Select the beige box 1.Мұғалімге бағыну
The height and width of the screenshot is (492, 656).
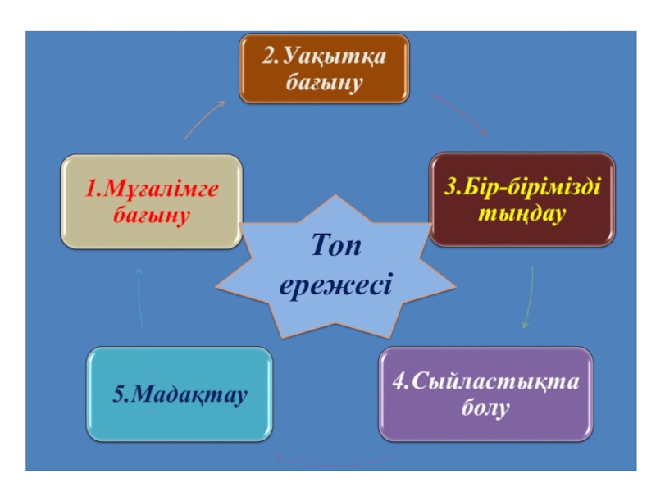pyautogui.click(x=152, y=201)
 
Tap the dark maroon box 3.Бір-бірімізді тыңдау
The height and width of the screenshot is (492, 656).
pyautogui.click(x=522, y=199)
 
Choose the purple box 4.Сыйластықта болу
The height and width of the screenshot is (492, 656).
pyautogui.click(x=485, y=394)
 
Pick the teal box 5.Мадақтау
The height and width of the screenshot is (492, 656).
pyautogui.click(x=180, y=394)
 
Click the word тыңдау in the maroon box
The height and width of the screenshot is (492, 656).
pyautogui.click(x=522, y=212)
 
